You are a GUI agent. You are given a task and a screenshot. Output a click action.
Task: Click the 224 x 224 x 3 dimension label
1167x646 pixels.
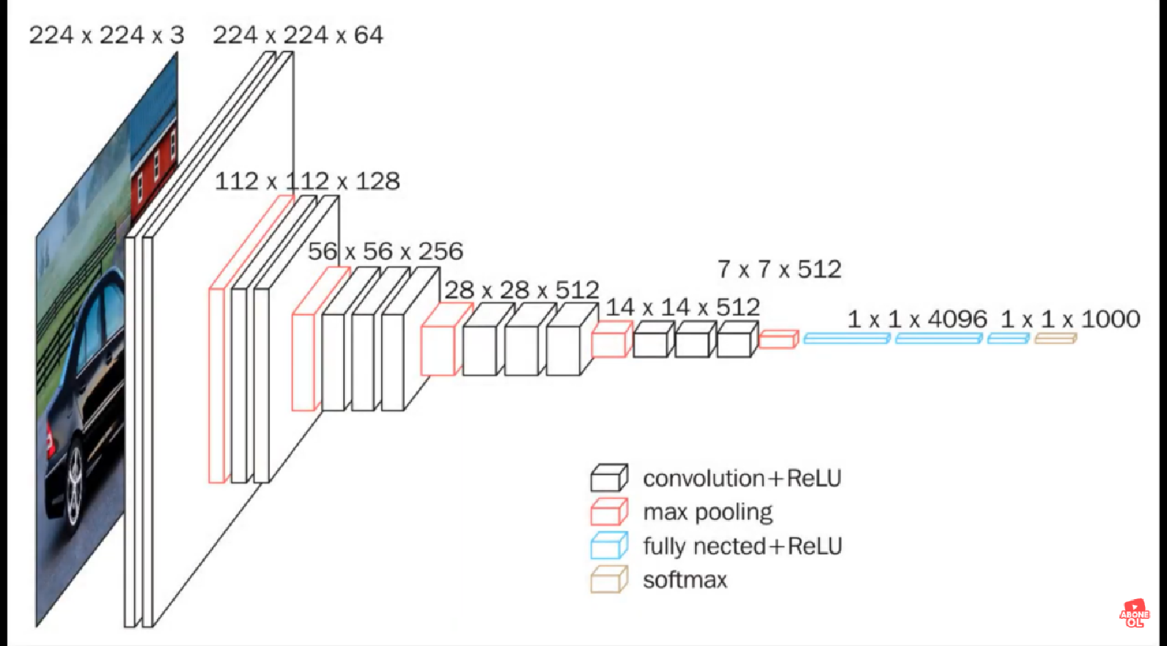click(x=106, y=35)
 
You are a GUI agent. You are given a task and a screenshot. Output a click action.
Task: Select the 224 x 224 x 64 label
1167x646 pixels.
click(x=298, y=35)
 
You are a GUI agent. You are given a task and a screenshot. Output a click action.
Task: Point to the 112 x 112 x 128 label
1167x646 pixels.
click(x=307, y=181)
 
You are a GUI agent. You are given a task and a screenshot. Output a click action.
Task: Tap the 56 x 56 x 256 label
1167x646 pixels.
click(x=385, y=251)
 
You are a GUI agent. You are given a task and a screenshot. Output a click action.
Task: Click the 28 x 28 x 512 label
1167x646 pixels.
click(x=521, y=289)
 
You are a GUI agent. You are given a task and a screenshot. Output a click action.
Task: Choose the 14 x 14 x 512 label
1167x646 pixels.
click(x=682, y=307)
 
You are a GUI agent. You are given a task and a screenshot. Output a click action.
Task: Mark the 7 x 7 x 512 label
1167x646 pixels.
click(x=778, y=270)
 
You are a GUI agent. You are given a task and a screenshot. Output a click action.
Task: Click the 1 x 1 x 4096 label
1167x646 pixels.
click(x=917, y=319)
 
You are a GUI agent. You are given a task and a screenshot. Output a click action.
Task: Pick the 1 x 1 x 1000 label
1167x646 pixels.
click(x=1070, y=319)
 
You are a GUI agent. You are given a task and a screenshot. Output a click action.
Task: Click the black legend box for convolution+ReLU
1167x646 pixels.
click(x=609, y=478)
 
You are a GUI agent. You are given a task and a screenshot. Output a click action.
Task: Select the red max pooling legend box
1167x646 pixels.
click(x=609, y=512)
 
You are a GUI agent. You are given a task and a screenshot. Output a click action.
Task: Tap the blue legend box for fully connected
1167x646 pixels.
click(x=609, y=546)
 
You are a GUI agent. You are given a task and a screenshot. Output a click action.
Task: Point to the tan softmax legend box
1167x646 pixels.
click(x=609, y=579)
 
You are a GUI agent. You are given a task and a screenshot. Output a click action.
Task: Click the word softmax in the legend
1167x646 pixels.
click(x=685, y=580)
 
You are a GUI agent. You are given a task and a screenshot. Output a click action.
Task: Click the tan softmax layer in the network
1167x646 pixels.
click(x=1056, y=338)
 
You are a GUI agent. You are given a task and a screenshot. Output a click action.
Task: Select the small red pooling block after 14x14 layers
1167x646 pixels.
click(x=778, y=339)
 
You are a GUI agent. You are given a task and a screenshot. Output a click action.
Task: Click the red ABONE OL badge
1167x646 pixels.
click(x=1134, y=614)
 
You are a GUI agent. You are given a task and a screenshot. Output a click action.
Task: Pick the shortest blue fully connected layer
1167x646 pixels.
click(x=1009, y=338)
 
